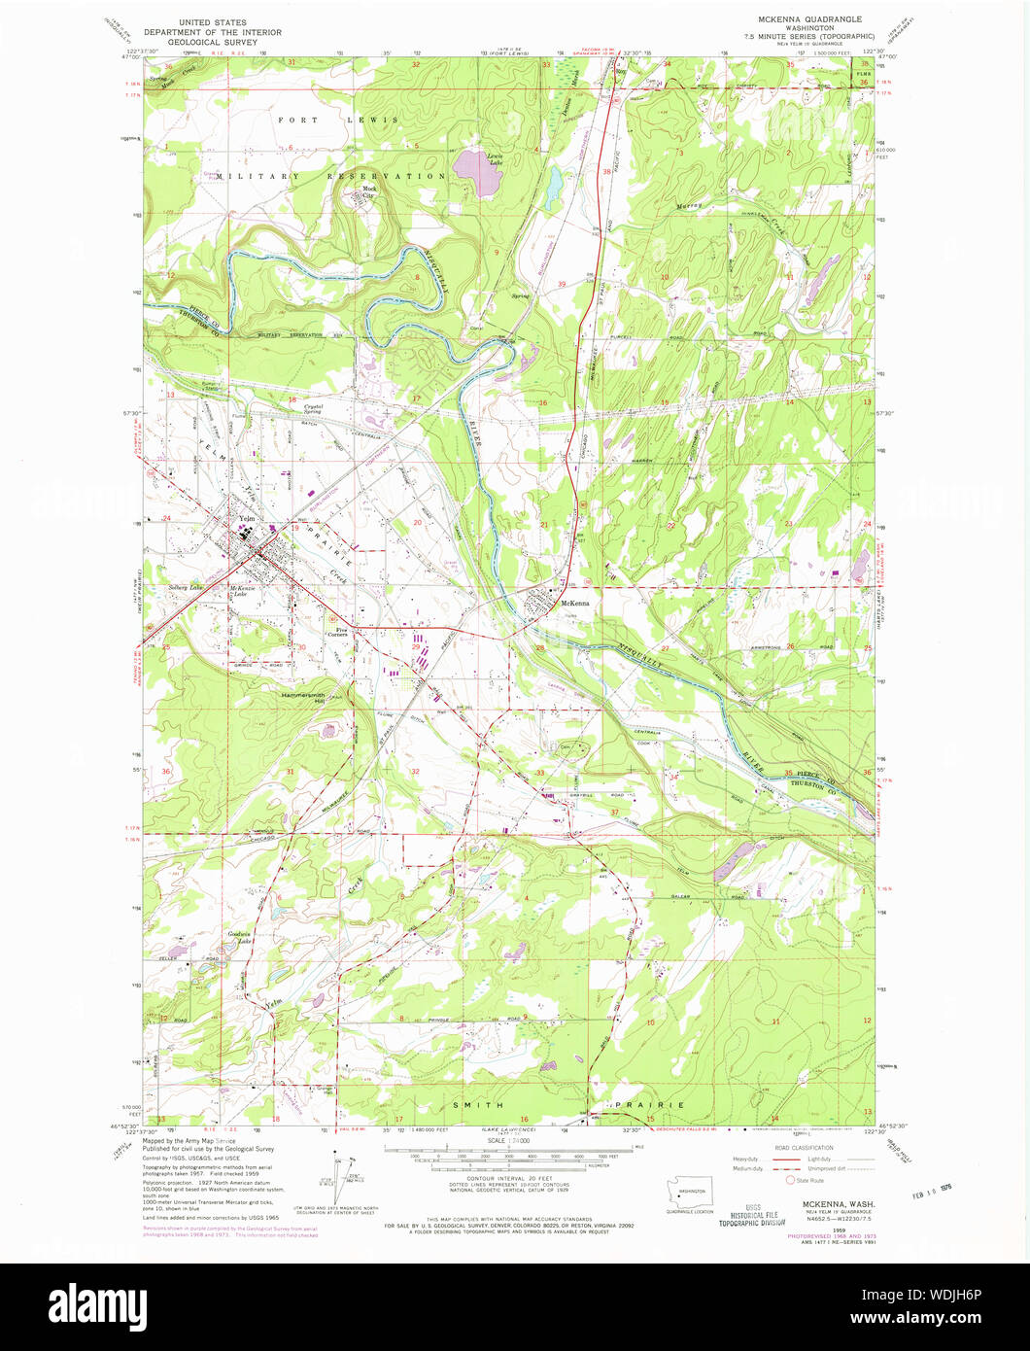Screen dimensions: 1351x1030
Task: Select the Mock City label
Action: pyautogui.click(x=368, y=191)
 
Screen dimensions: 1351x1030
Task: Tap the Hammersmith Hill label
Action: pyautogui.click(x=302, y=698)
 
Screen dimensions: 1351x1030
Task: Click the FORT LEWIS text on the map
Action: pyautogui.click(x=337, y=120)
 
